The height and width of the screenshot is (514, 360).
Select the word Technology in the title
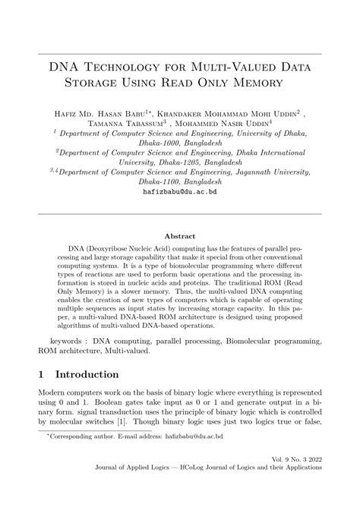pyautogui.click(x=129, y=67)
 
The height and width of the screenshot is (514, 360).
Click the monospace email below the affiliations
pyautogui.click(x=179, y=193)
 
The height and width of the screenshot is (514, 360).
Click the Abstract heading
pyautogui.click(x=179, y=235)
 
